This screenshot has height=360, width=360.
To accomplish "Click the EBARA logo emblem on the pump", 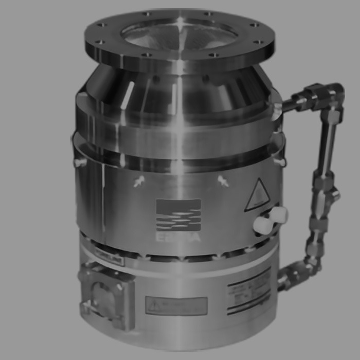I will [178, 214].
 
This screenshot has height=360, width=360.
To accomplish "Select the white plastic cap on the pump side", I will [271, 220].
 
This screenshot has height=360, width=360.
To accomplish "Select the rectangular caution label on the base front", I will [176, 305].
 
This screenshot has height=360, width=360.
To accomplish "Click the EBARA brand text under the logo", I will [178, 238].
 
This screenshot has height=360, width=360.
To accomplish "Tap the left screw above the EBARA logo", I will [138, 182].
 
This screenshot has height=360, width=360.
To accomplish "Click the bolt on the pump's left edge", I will [80, 163].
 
